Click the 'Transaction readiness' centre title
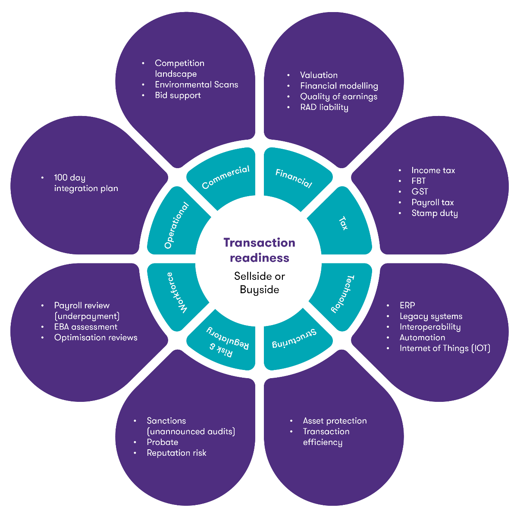point(259,250)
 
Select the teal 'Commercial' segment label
point(226,177)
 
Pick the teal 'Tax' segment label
point(343,223)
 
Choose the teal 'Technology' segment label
point(343,294)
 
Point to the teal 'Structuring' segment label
point(294,339)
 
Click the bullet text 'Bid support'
point(178,95)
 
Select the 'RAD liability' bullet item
point(324,107)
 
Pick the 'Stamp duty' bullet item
point(434,213)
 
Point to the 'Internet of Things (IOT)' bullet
point(445,348)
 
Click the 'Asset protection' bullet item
point(335,421)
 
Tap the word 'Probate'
point(162,442)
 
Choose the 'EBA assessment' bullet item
point(85,327)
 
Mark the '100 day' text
point(69,178)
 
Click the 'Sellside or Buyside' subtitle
point(259,283)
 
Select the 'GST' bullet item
point(420,191)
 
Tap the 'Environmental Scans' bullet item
point(196,85)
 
